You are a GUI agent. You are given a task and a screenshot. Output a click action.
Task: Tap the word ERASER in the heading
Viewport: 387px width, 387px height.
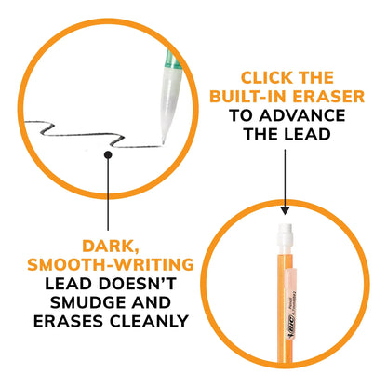(328, 97)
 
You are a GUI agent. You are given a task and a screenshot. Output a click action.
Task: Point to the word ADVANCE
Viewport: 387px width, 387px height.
(302, 115)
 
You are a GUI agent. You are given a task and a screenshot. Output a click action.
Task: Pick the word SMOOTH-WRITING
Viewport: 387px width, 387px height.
(111, 264)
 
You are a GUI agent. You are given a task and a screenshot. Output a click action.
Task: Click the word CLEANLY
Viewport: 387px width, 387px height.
(149, 321)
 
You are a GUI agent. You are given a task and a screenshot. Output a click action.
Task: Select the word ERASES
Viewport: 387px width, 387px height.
(69, 321)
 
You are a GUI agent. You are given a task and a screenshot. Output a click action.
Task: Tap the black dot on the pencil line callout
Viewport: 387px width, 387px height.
(108, 154)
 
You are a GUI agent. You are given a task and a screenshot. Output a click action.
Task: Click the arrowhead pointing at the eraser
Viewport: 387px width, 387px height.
(285, 210)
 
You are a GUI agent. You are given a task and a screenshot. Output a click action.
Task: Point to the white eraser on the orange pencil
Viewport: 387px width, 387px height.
(285, 234)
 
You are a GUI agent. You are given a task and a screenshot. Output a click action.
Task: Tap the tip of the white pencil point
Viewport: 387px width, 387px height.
(163, 142)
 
